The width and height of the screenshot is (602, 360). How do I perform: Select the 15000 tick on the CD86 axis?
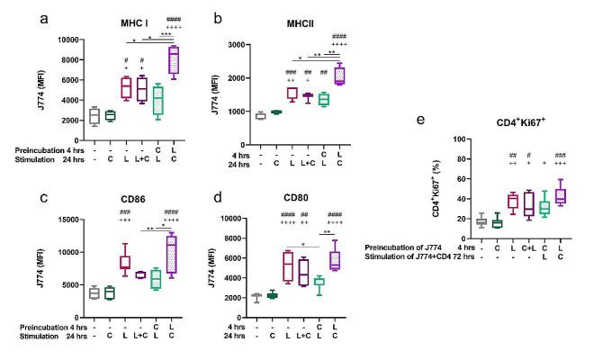coord(54,219)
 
